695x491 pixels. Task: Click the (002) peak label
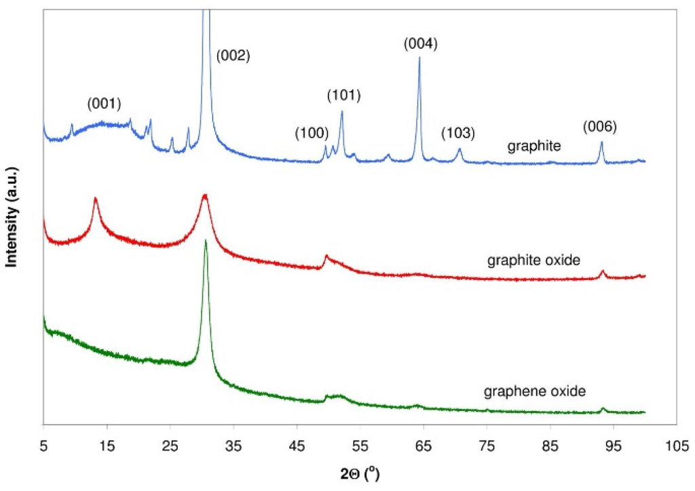(233, 56)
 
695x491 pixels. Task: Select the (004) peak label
(420, 44)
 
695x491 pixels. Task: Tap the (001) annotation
(104, 104)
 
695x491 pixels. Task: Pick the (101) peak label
(343, 95)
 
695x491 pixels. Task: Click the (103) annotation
(457, 132)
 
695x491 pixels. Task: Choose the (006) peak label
(600, 126)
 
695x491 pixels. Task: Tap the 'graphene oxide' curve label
(535, 391)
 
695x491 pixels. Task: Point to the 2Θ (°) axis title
(360, 473)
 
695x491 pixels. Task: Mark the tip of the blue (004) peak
(419, 58)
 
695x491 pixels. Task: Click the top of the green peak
(206, 240)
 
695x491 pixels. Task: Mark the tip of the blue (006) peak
(601, 142)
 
